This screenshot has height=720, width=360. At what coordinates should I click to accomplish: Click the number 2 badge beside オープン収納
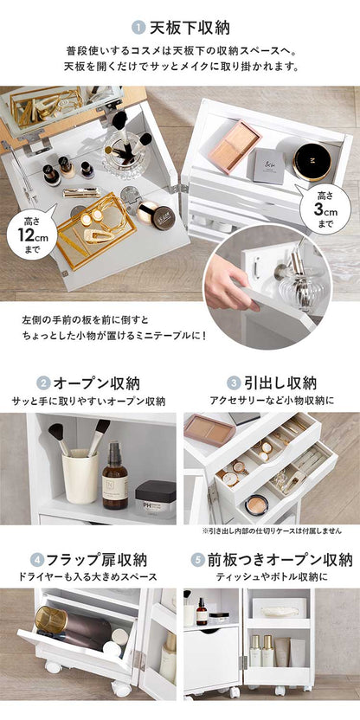42,382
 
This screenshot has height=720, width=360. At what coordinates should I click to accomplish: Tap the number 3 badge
233,382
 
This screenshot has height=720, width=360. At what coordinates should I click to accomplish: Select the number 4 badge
37,559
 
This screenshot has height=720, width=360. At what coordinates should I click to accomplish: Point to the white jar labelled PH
155,498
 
